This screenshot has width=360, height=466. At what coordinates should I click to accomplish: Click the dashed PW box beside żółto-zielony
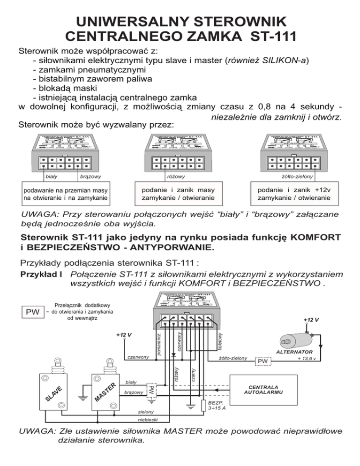[262, 361]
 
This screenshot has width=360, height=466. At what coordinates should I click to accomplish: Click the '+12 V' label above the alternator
[311, 320]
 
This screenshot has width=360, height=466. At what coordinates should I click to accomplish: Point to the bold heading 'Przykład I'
[40, 274]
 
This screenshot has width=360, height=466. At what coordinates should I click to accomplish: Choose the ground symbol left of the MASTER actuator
[82, 398]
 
